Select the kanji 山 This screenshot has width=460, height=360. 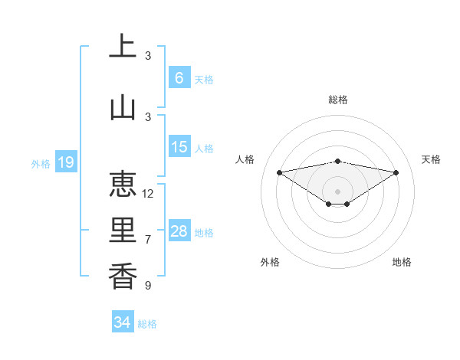[x=123, y=106]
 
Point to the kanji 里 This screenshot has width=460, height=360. [x=123, y=231]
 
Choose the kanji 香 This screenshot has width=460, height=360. [x=123, y=276]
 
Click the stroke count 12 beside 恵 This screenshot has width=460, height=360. [x=148, y=194]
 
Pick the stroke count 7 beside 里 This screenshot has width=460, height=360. [x=148, y=240]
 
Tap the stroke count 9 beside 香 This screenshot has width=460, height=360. [x=148, y=286]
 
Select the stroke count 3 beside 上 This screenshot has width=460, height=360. [x=148, y=56]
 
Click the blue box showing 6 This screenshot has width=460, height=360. [x=179, y=77]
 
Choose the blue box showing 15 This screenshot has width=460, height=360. [x=179, y=147]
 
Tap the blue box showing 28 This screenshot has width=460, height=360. [x=179, y=231]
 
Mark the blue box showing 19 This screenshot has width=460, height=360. [x=65, y=162]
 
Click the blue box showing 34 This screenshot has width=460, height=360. [x=122, y=322]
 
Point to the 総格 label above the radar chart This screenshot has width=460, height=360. [x=337, y=100]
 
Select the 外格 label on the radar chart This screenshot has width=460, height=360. [x=270, y=262]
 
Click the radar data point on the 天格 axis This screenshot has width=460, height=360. [x=396, y=172]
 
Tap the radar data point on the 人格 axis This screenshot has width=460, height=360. [x=279, y=172]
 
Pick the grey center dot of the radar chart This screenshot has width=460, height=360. [x=337, y=190]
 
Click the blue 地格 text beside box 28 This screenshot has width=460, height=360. [x=205, y=233]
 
